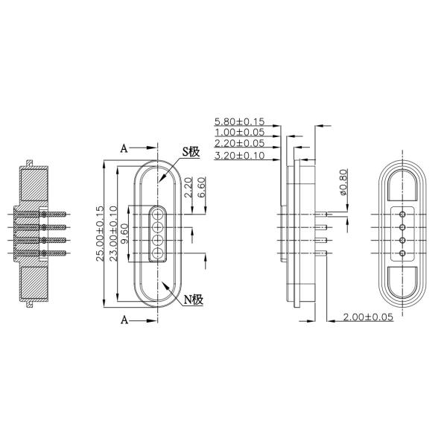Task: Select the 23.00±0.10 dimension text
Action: [x=113, y=234]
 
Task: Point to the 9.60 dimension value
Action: [x=124, y=233]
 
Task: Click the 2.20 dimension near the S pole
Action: [x=189, y=187]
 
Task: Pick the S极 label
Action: [x=191, y=152]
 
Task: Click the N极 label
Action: [x=194, y=300]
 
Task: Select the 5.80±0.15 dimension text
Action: [x=239, y=121]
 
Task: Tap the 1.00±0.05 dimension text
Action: [x=239, y=132]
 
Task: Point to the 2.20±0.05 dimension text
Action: [x=239, y=143]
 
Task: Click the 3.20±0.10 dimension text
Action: [x=239, y=155]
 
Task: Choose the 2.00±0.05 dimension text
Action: [x=368, y=318]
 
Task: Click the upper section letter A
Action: [x=124, y=148]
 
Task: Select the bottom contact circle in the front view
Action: [x=159, y=254]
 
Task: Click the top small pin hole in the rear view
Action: [x=402, y=214]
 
